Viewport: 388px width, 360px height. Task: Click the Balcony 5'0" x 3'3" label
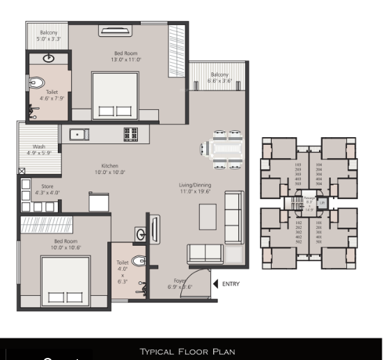click(49, 36)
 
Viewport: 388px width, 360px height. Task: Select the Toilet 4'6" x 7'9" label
click(49, 95)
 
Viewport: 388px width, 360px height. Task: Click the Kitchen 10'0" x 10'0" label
click(111, 169)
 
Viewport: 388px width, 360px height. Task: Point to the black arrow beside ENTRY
click(215, 283)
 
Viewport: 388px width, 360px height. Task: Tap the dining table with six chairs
click(222, 150)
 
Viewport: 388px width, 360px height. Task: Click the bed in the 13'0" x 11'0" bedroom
click(116, 95)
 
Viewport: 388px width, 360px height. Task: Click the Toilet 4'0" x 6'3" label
click(122, 273)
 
